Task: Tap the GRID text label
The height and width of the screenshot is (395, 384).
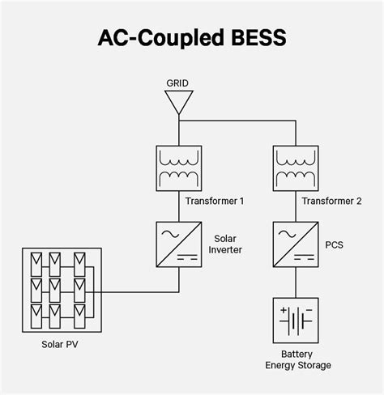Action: click(x=177, y=83)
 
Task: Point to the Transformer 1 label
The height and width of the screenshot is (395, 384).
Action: click(x=215, y=201)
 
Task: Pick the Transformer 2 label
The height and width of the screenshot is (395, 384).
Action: click(x=331, y=201)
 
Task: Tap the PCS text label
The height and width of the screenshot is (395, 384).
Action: click(x=334, y=244)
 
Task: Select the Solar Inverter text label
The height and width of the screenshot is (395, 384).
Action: click(x=225, y=244)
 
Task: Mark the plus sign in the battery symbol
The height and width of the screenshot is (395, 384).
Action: click(x=284, y=310)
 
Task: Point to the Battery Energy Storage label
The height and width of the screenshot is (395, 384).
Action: click(x=298, y=359)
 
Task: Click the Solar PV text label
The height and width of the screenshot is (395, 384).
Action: click(x=60, y=344)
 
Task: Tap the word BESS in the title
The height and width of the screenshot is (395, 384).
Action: click(x=258, y=37)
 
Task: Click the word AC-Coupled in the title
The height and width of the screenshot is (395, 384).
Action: click(x=161, y=38)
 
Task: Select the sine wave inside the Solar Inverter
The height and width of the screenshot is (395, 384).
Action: click(x=170, y=234)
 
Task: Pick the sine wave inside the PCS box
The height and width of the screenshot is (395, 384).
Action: click(x=287, y=234)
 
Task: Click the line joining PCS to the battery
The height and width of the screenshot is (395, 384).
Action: click(x=296, y=282)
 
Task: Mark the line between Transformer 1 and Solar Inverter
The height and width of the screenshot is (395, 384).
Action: click(x=179, y=206)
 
